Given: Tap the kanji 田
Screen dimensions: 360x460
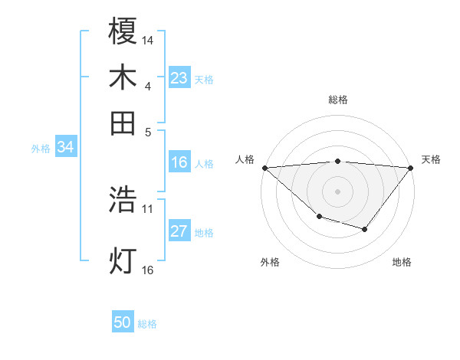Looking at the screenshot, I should tap(123, 123).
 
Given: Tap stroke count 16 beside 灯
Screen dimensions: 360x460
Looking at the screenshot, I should tap(148, 270).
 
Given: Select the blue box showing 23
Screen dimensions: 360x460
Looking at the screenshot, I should tap(179, 78).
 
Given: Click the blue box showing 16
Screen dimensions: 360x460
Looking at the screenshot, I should tap(179, 162).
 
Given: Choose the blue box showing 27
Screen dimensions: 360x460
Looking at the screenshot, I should tap(179, 231).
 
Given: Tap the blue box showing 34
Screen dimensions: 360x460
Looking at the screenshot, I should tap(65, 148).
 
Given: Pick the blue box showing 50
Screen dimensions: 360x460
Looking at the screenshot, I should tap(123, 322).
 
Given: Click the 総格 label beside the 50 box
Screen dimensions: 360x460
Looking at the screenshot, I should tap(147, 324).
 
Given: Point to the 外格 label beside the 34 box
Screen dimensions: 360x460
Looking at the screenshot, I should tap(41, 149).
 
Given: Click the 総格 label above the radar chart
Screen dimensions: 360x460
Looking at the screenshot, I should tap(337, 100).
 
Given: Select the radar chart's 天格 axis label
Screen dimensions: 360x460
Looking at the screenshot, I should tap(431, 159).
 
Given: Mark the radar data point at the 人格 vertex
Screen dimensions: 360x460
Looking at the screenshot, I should tap(264, 167).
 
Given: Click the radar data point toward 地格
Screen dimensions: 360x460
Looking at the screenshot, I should tap(365, 229).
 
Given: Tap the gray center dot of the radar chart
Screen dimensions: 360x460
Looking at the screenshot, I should tap(337, 191).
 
